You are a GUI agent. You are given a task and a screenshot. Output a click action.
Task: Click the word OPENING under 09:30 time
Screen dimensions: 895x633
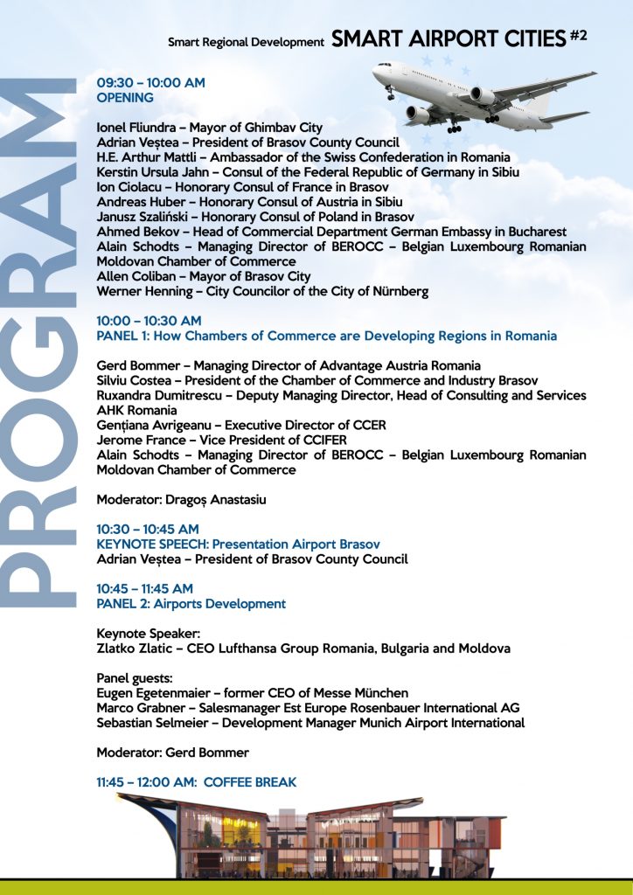125,98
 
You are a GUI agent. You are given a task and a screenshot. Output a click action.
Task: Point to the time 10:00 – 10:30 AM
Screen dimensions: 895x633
149,321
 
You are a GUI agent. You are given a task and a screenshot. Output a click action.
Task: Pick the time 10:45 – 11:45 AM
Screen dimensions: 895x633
145,589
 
